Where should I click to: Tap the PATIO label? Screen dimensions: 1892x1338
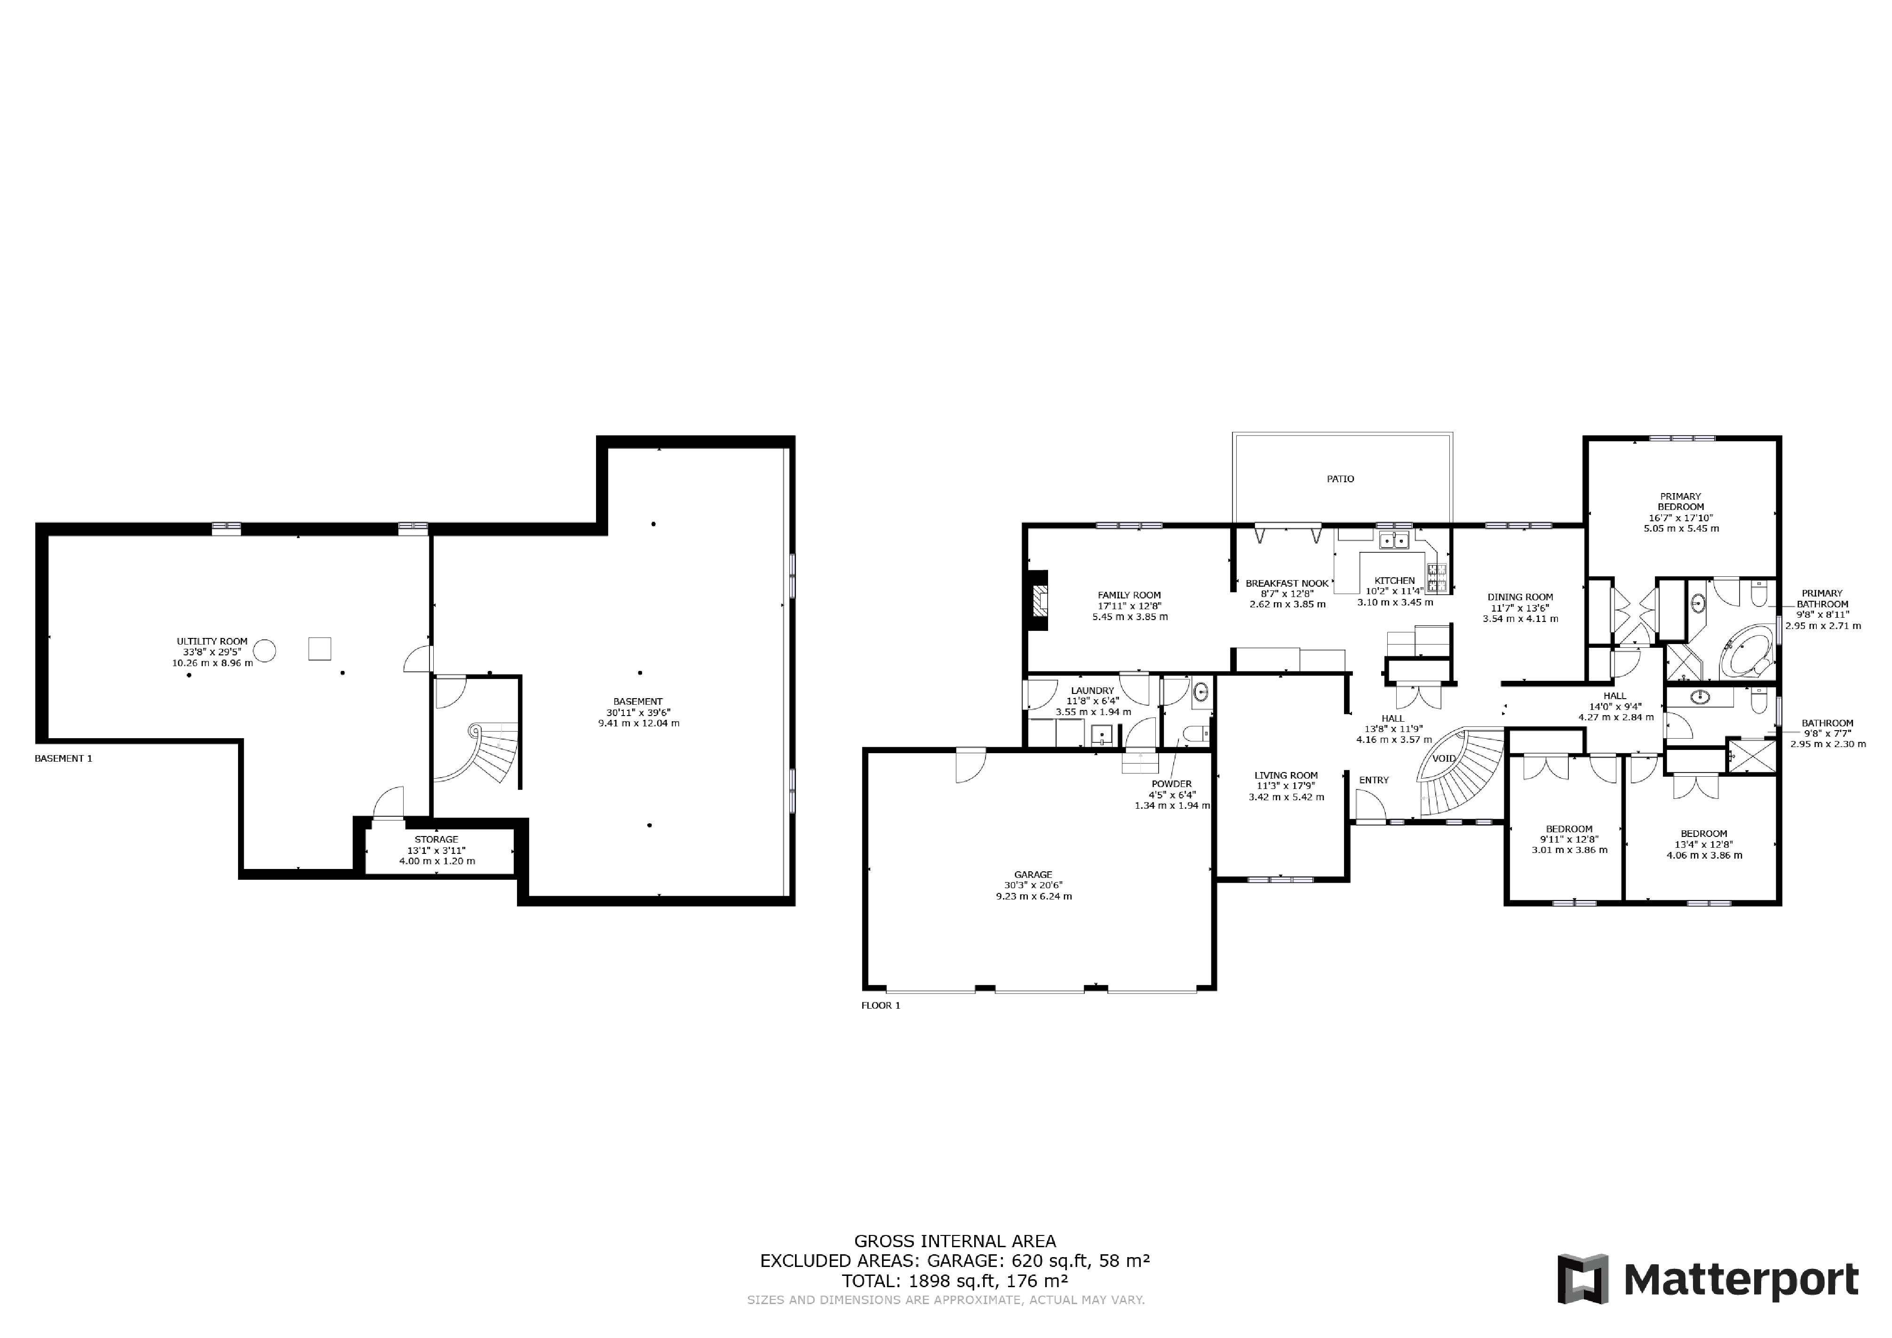click(1340, 478)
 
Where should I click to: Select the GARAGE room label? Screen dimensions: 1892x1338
click(1033, 875)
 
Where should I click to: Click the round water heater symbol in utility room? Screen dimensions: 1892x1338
click(264, 651)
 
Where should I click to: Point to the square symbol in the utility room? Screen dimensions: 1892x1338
click(320, 648)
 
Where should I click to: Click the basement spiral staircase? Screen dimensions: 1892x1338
click(486, 754)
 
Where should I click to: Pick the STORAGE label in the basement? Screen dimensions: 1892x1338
click(436, 840)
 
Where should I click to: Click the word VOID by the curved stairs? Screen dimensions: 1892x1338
click(1444, 759)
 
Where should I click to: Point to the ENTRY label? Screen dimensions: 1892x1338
click(1374, 780)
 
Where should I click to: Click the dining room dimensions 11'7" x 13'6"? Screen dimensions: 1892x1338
click(1520, 608)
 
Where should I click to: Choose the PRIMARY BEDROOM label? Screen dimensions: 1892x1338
click(1680, 502)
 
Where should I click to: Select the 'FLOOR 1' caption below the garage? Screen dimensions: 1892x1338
click(881, 1005)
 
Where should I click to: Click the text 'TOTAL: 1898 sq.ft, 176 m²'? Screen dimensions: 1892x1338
click(955, 1281)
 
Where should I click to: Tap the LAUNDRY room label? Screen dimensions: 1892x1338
click(1093, 691)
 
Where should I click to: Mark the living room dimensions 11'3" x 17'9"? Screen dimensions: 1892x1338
click(1286, 786)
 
